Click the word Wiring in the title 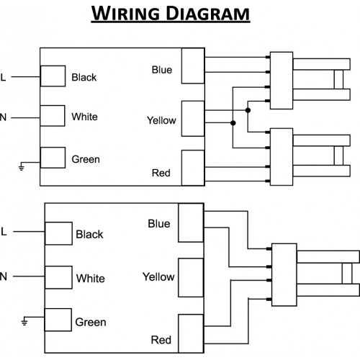(x=125, y=13)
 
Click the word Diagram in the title (x=208, y=13)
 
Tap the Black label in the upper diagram (x=84, y=77)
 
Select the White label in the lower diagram (x=91, y=279)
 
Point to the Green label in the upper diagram (x=86, y=159)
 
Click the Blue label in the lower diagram (x=159, y=224)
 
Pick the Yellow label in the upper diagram (x=161, y=120)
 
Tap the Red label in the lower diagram (x=161, y=340)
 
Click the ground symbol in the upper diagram (x=22, y=168)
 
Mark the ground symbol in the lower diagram (x=24, y=322)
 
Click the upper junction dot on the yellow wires (x=248, y=110)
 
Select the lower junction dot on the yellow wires (x=233, y=123)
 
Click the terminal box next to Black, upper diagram (x=53, y=76)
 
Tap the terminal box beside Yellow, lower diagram (x=191, y=278)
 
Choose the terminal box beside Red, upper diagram (x=193, y=168)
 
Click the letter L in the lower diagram (x=4, y=232)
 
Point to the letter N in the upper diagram (x=3, y=117)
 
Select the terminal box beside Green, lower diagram (x=58, y=320)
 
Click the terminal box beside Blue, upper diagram (x=193, y=66)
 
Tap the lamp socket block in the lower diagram (x=284, y=275)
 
